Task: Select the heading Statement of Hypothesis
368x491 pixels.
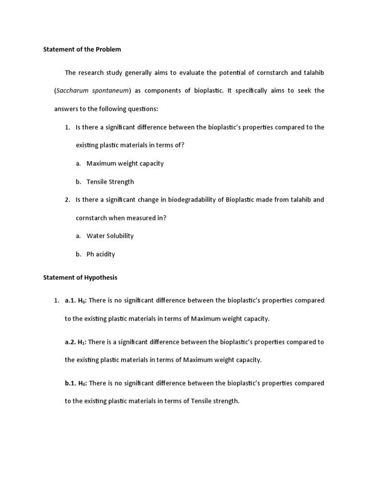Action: click(80, 278)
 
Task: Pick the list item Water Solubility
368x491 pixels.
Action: click(110, 236)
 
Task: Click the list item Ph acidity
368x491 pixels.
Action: click(101, 254)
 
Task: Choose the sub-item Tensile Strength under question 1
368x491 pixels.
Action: click(110, 182)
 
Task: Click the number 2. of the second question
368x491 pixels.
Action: click(68, 200)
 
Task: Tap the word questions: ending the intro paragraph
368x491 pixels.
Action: click(140, 109)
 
